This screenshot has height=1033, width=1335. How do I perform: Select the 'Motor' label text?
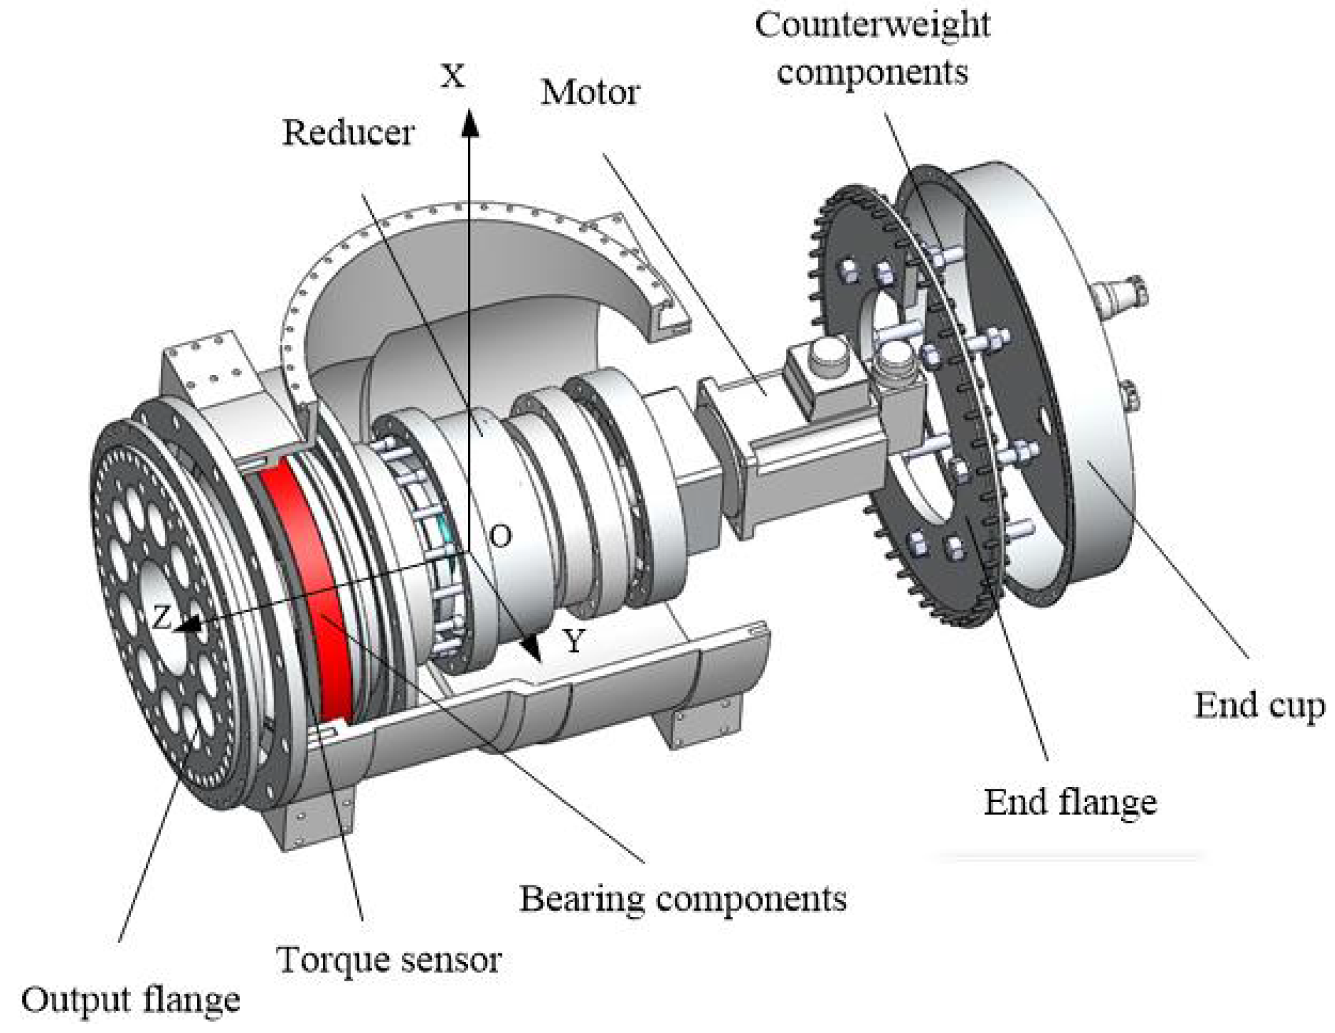tap(590, 93)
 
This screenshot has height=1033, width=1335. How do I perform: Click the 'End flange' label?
tap(1069, 802)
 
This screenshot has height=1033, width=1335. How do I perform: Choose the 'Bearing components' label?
tap(682, 898)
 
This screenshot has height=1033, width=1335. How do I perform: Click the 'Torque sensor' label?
tap(389, 959)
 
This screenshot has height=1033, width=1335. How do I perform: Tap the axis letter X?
tap(452, 76)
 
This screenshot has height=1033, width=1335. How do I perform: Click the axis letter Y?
tap(574, 640)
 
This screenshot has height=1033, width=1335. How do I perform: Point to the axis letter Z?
tap(161, 618)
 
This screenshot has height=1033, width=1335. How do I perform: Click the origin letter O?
tap(500, 536)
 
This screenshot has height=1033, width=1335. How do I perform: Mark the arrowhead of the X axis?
tap(470, 121)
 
